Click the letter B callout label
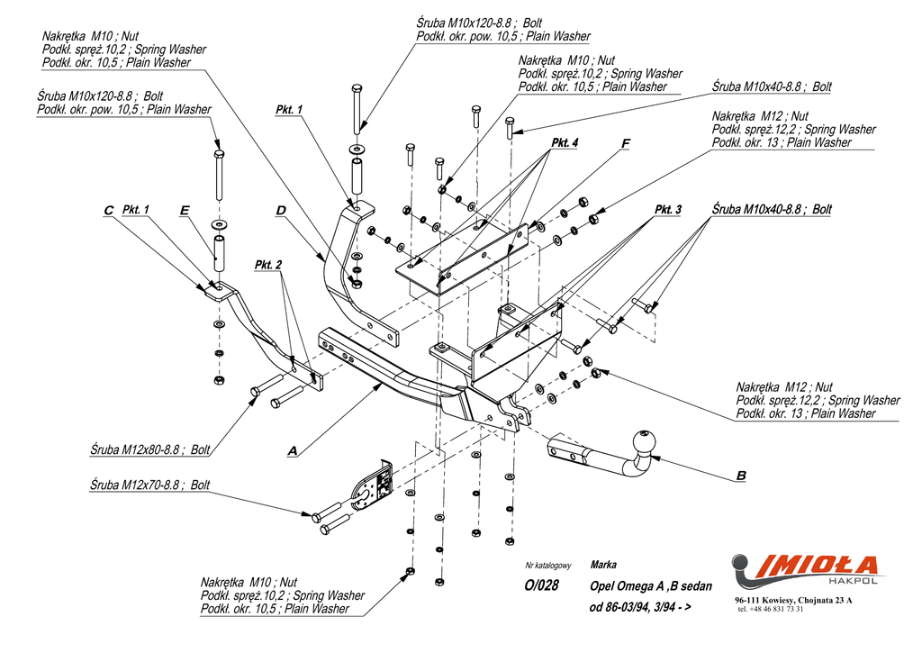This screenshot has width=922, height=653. [x=741, y=476]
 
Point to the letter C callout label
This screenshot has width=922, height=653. [x=108, y=211]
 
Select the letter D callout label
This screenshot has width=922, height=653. [x=281, y=211]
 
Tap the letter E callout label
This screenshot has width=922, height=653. [x=185, y=211]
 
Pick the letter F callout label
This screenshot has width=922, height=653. [x=626, y=143]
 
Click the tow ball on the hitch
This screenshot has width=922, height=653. [x=645, y=443]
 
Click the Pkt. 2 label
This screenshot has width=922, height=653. [x=268, y=265]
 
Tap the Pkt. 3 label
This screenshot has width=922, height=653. [x=667, y=210]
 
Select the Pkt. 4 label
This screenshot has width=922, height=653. [x=564, y=143]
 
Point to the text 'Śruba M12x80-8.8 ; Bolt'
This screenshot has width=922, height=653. [x=149, y=448]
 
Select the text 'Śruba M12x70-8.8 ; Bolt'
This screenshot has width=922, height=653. [x=149, y=485]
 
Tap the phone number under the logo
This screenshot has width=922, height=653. [x=770, y=610]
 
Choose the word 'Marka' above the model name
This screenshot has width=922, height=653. [x=603, y=566]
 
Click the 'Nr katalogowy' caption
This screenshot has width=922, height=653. [x=548, y=566]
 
